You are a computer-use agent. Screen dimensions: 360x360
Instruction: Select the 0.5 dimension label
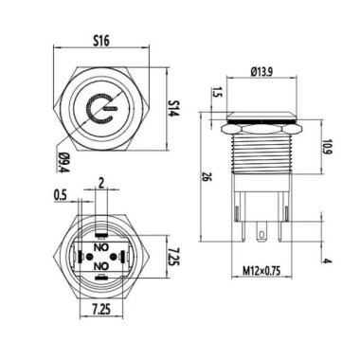(61, 197)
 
